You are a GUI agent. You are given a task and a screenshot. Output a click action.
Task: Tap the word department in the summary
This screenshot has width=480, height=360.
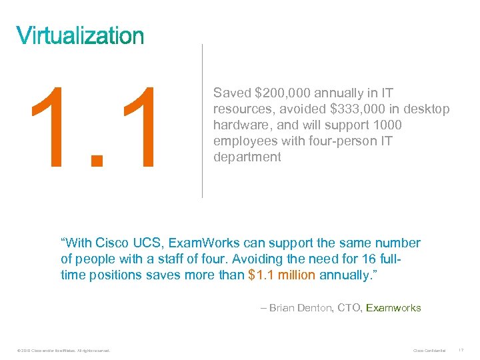pos(247,157)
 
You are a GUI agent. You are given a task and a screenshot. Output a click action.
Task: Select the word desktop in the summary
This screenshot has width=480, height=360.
pos(425,109)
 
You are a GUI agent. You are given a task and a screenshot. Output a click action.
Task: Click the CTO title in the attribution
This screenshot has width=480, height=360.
pos(349,308)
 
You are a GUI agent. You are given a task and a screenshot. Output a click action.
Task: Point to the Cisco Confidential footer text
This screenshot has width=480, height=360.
pos(429,350)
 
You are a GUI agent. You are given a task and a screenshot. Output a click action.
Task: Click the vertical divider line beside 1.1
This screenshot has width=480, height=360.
pos(202,120)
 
